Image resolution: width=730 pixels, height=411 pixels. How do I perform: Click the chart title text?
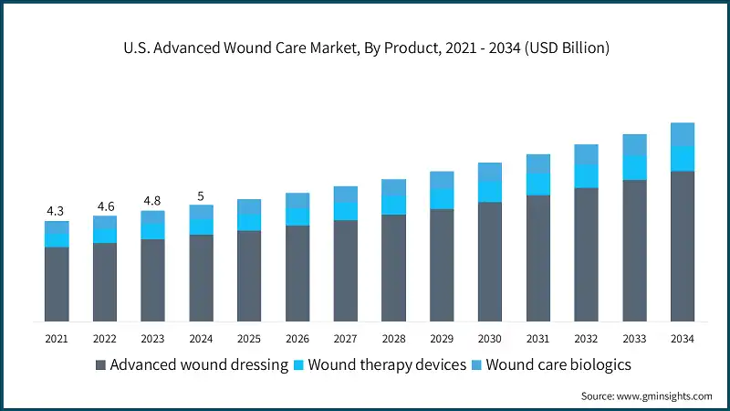pyautogui.click(x=365, y=47)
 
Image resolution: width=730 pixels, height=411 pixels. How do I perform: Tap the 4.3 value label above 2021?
pyautogui.click(x=57, y=211)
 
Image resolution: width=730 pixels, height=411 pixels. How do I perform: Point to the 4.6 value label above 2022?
pyautogui.click(x=105, y=206)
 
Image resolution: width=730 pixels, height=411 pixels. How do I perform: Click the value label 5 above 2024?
pyautogui.click(x=201, y=195)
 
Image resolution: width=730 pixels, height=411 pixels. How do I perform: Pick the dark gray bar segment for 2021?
pyautogui.click(x=57, y=283)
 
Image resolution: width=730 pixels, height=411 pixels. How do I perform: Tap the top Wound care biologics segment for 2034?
pyautogui.click(x=683, y=134)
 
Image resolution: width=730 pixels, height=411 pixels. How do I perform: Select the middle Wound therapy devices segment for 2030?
pyautogui.click(x=490, y=191)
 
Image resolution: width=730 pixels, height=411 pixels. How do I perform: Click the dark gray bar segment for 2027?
pyautogui.click(x=346, y=269)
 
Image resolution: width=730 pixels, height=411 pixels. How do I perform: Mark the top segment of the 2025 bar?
pyautogui.click(x=249, y=206)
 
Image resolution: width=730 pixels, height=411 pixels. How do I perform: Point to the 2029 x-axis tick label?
pyautogui.click(x=442, y=339)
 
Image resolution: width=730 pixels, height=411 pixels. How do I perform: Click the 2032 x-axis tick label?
pyautogui.click(x=586, y=339)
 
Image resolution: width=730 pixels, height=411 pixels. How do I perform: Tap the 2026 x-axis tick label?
pyautogui.click(x=297, y=339)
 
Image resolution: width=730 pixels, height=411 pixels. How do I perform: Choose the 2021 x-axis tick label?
pyautogui.click(x=57, y=339)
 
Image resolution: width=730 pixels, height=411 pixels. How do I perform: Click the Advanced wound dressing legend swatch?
pyautogui.click(x=100, y=365)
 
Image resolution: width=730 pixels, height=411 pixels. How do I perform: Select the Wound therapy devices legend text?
pyautogui.click(x=382, y=365)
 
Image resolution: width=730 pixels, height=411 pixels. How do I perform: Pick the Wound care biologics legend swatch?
pyautogui.click(x=476, y=365)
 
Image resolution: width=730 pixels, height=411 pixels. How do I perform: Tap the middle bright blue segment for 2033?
pyautogui.click(x=634, y=167)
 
